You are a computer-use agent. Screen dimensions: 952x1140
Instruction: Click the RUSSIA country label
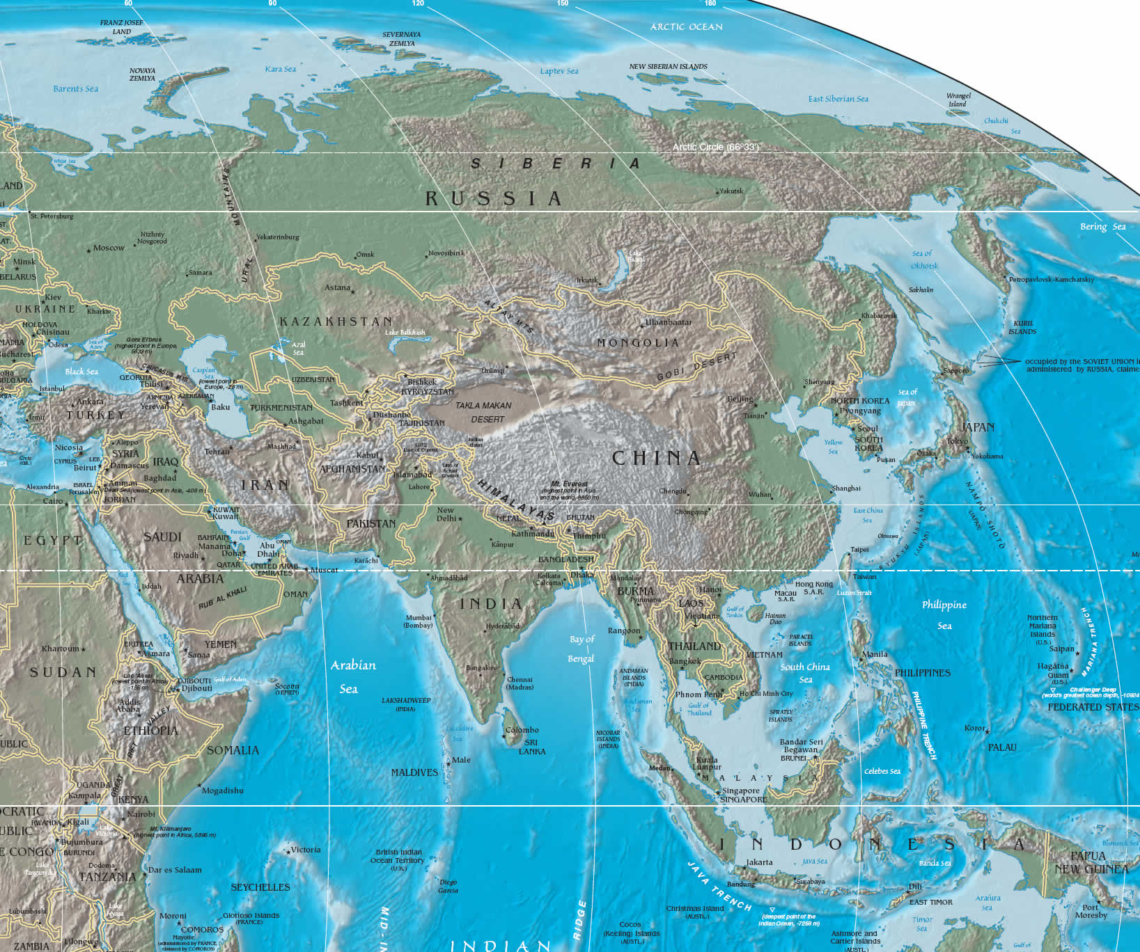coord(493,199)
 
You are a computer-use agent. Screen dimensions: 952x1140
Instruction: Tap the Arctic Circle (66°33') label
coord(715,148)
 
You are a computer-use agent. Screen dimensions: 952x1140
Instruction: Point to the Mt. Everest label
coord(569,484)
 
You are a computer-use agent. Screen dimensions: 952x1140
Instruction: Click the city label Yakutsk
coord(731,191)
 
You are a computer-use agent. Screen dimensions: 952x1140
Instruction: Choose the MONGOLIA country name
coord(637,343)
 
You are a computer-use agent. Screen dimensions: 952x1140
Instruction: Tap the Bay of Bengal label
coord(581,649)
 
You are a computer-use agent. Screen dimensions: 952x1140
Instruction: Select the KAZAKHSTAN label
coord(336,322)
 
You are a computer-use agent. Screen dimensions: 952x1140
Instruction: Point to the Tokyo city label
coord(957,441)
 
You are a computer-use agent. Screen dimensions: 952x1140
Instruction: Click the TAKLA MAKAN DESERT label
coord(484,412)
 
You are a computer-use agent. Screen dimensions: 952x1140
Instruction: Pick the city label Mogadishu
coord(223,791)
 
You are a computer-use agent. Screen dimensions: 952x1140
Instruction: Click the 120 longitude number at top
coord(418,3)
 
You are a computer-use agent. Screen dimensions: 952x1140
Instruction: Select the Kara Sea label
coord(280,69)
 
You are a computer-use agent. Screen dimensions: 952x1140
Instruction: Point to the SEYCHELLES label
coord(260,887)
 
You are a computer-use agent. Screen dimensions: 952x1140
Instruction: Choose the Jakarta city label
coord(759,862)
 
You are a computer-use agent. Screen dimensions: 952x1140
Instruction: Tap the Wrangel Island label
coord(958,100)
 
